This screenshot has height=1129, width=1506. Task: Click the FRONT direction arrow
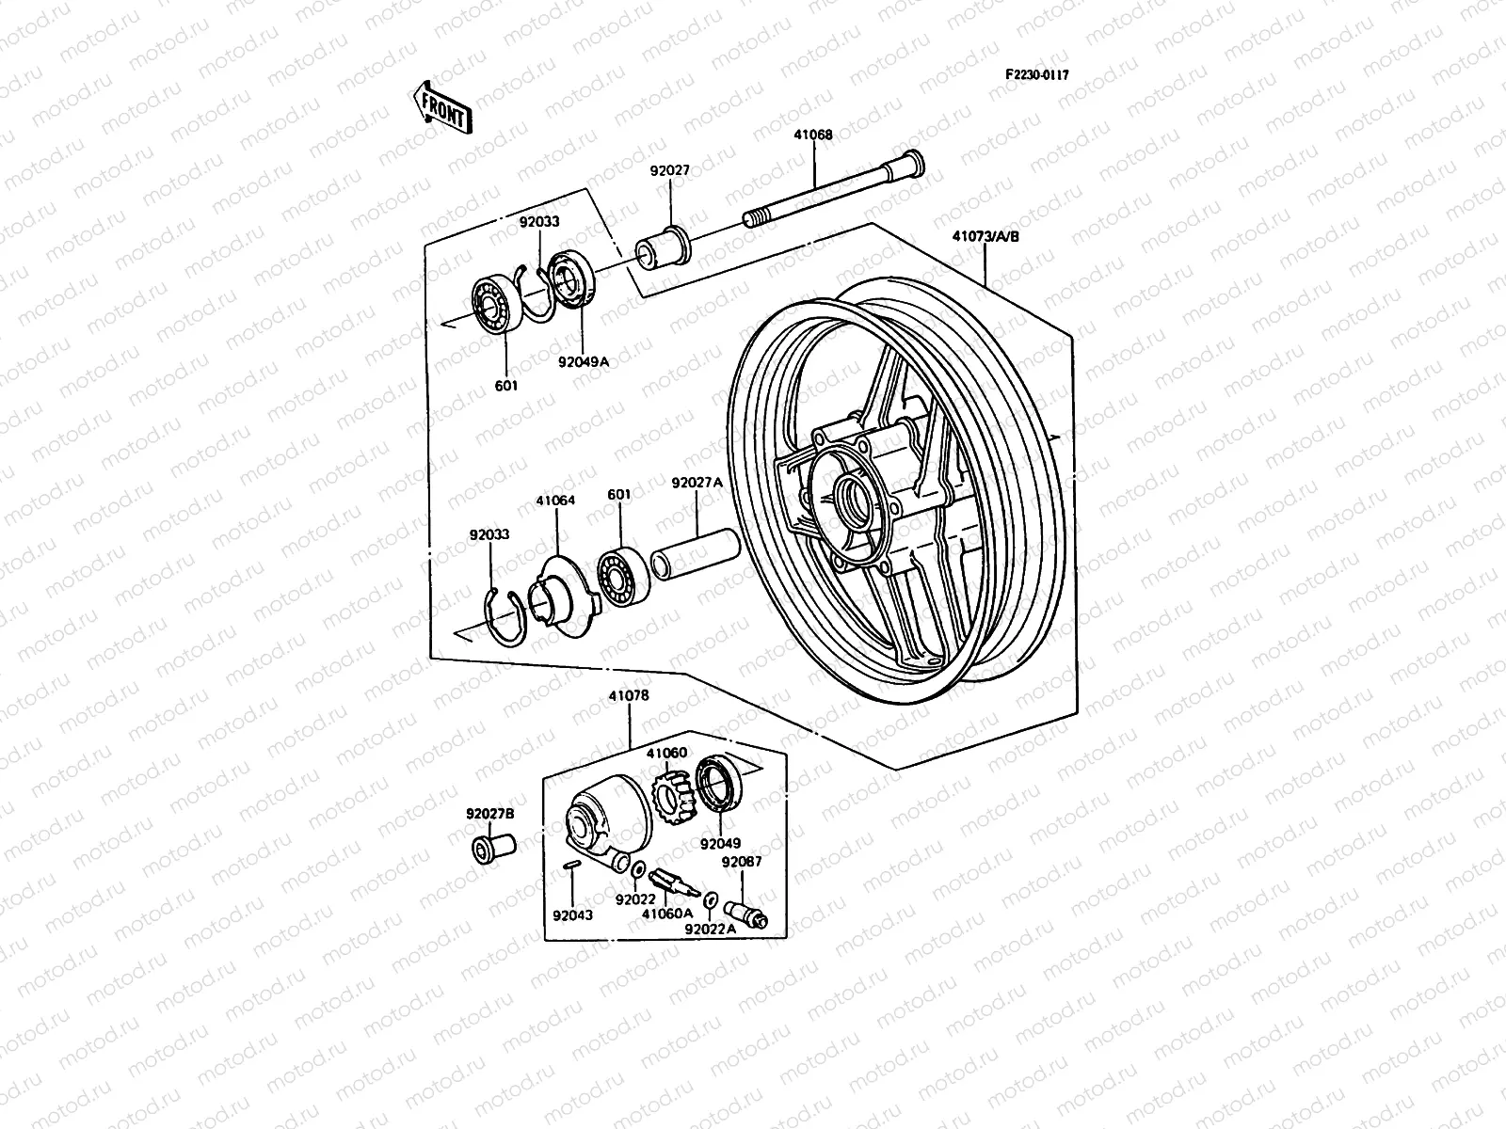tap(441, 105)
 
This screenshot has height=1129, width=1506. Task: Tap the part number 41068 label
tap(813, 135)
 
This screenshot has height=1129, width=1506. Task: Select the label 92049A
tap(584, 361)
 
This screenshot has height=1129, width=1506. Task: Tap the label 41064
tap(555, 501)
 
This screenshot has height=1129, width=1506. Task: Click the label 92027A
tap(697, 483)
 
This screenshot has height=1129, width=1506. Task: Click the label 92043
tap(573, 914)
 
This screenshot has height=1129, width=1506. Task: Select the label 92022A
tap(711, 929)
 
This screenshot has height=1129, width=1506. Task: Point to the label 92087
tap(742, 861)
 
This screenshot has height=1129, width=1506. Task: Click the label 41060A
tap(667, 913)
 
